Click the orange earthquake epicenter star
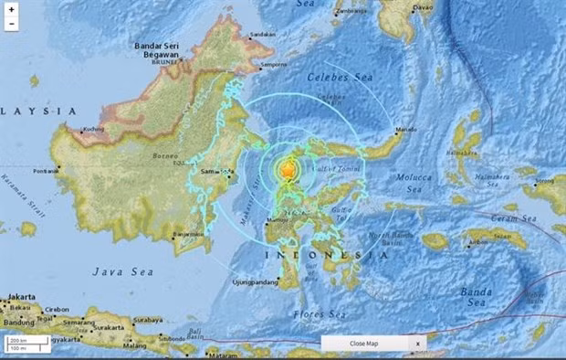coord(288,170)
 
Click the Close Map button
coord(363,343)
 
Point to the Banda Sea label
coord(477,295)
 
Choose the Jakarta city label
coord(19,297)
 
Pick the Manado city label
coord(406,131)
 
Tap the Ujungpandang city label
coord(252,281)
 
